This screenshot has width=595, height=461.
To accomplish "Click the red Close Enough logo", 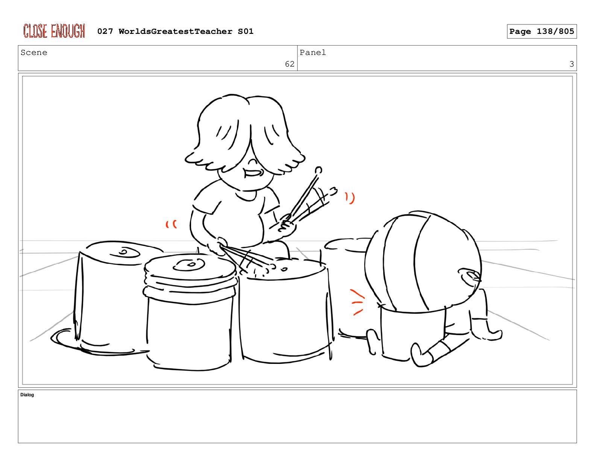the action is tap(54, 31).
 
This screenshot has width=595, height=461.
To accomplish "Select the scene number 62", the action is tap(290, 64).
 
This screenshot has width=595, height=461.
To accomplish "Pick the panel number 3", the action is tap(571, 64).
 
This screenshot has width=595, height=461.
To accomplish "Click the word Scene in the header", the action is tap(34, 52).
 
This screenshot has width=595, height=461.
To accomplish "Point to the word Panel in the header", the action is tap(313, 52).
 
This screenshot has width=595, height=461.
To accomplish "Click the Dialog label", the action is tap(27, 395).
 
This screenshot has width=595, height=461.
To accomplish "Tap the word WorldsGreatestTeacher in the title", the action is tap(175, 31).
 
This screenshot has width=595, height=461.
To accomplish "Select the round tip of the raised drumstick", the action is tap(319, 170).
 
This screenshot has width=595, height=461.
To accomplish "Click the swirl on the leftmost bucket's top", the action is tap(125, 252).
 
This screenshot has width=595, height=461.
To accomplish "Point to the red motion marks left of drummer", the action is tap(171, 224).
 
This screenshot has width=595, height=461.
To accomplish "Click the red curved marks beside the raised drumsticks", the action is tap(350, 198).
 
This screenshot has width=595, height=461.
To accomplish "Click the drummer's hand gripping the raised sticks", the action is tap(287, 225).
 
